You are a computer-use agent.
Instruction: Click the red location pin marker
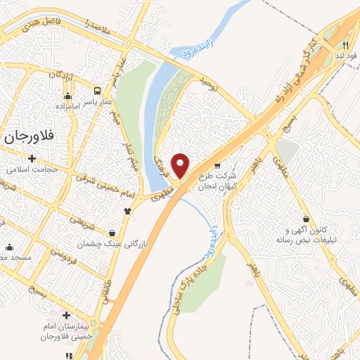point(181,165)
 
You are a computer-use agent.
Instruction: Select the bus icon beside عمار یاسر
point(98,91)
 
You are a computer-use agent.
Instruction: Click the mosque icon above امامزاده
point(68,96)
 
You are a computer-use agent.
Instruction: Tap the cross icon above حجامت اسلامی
point(31,158)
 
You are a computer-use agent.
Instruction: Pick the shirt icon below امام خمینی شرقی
point(127,210)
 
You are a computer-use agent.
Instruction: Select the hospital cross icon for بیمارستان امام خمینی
point(67,316)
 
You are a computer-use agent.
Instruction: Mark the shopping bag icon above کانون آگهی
point(305,219)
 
